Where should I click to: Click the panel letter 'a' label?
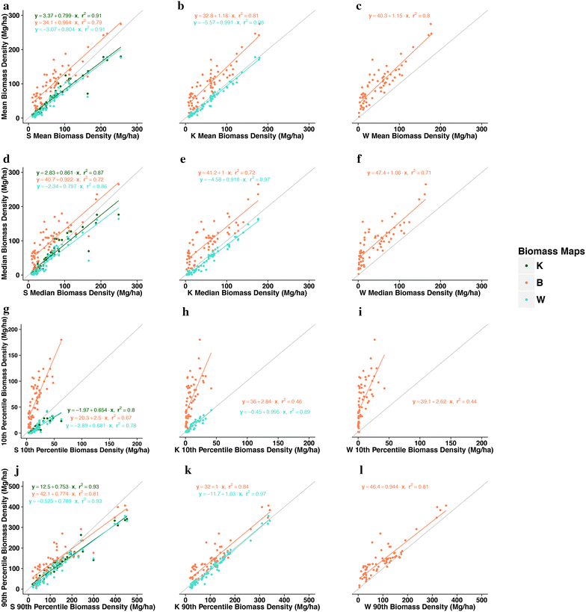pos(6,5)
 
